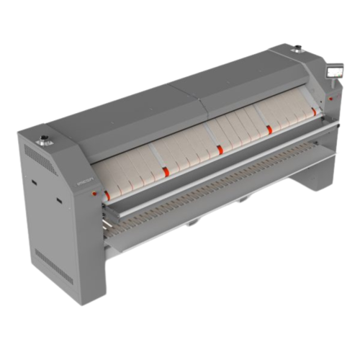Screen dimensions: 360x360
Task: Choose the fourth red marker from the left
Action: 269,130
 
